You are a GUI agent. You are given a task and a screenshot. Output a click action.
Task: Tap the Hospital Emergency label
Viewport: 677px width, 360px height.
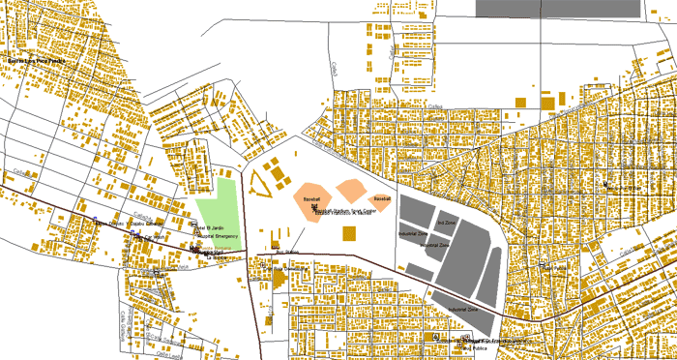pyautogui.click(x=219, y=236)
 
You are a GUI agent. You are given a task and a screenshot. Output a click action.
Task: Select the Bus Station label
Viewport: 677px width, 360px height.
pyautogui.click(x=288, y=253)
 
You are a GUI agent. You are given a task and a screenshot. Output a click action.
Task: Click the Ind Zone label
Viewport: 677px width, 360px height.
pyautogui.click(x=446, y=223)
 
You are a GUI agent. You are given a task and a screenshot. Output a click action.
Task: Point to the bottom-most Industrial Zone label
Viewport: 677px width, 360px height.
pyautogui.click(x=463, y=310)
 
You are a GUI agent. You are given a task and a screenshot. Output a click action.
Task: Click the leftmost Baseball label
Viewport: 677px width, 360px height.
pyautogui.click(x=311, y=198)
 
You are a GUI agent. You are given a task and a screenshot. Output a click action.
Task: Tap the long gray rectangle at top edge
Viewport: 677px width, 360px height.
pyautogui.click(x=558, y=8)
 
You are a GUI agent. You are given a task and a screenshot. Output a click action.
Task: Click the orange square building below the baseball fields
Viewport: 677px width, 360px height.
pyautogui.click(x=349, y=232)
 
